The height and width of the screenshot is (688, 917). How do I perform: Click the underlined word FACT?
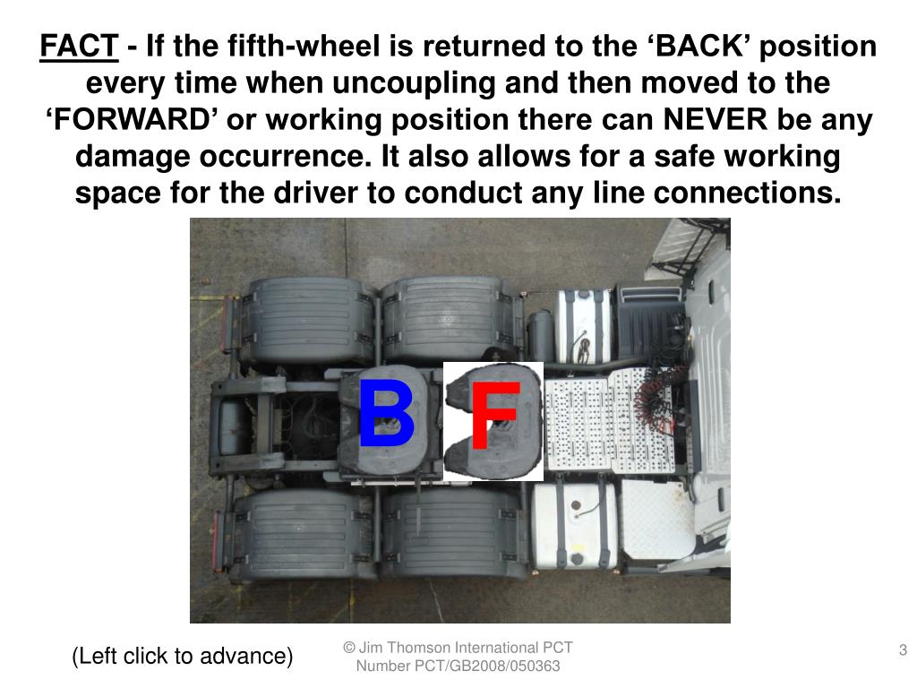click(79, 46)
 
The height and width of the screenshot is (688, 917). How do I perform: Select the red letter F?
click(494, 417)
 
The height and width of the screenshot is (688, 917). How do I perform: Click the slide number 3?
click(903, 649)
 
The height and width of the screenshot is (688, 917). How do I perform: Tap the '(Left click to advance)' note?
click(183, 656)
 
